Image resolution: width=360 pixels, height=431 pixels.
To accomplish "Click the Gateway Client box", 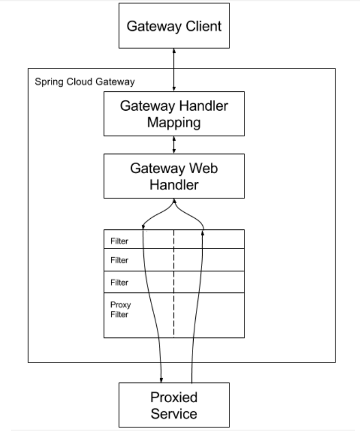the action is [x=174, y=26].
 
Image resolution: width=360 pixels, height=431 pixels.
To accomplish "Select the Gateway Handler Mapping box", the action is [x=174, y=114].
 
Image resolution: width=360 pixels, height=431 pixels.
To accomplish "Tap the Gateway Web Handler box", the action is [x=174, y=176].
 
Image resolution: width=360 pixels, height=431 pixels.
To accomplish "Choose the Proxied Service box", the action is [x=174, y=405].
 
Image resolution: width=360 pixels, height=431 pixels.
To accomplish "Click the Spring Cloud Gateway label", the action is [x=85, y=82].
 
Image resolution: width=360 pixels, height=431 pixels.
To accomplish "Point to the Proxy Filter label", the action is [x=120, y=310].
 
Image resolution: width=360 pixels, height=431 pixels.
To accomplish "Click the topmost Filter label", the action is [x=119, y=241].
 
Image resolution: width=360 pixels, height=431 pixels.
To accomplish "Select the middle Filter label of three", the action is [x=119, y=260].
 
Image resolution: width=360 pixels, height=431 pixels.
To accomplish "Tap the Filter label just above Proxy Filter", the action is [x=119, y=282].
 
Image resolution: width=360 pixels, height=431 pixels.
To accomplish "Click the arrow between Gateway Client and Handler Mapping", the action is [x=174, y=70].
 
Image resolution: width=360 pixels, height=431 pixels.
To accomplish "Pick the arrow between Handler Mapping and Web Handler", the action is [x=174, y=145].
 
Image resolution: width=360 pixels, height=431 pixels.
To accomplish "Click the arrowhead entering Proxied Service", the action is [x=161, y=380].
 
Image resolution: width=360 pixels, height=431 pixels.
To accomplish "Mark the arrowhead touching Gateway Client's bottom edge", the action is [x=174, y=51].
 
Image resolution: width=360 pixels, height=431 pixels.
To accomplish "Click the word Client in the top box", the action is [x=203, y=26].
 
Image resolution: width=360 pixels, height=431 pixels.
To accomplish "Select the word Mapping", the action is [x=174, y=122].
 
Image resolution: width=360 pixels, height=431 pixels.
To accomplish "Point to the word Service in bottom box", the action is [x=174, y=414].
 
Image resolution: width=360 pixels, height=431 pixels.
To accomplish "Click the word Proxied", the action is [x=174, y=397].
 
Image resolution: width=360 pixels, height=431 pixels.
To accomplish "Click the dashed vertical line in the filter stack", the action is [x=174, y=283].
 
